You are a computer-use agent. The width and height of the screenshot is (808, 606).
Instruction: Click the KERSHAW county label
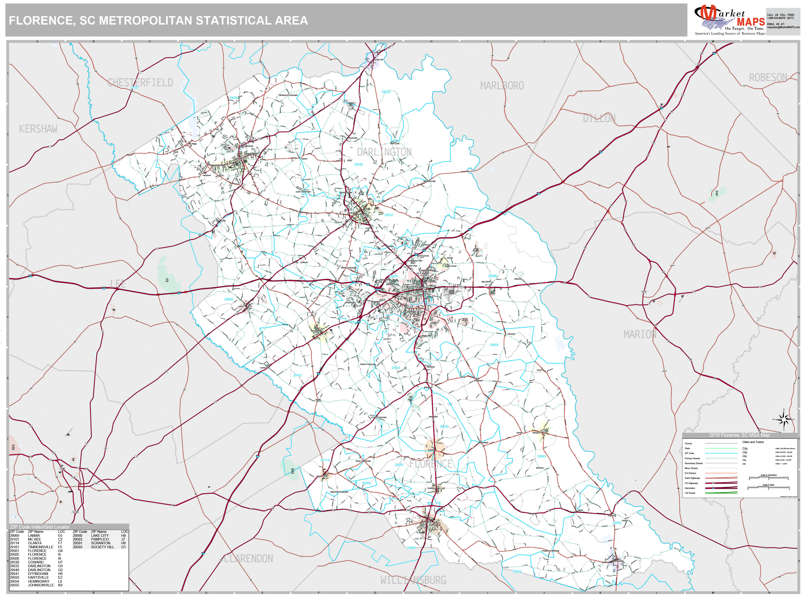point(38,129)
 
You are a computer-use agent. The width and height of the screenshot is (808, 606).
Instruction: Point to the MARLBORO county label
point(502,86)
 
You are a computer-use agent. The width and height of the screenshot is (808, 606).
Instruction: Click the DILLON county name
point(599,118)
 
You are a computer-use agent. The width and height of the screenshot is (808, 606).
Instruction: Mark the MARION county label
point(640,335)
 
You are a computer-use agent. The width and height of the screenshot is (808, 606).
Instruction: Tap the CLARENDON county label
point(248,559)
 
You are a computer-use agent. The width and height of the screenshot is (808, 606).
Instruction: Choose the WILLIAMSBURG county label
point(413,580)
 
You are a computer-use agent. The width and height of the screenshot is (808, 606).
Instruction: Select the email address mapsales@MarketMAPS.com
point(783,27)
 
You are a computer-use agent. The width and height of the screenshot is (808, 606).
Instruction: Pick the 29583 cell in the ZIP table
point(77,539)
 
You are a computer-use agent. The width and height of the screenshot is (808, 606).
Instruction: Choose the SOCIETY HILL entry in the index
point(103,547)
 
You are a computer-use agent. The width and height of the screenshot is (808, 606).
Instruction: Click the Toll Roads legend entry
point(690,493)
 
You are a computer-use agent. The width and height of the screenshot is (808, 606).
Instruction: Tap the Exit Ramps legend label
point(690,473)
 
